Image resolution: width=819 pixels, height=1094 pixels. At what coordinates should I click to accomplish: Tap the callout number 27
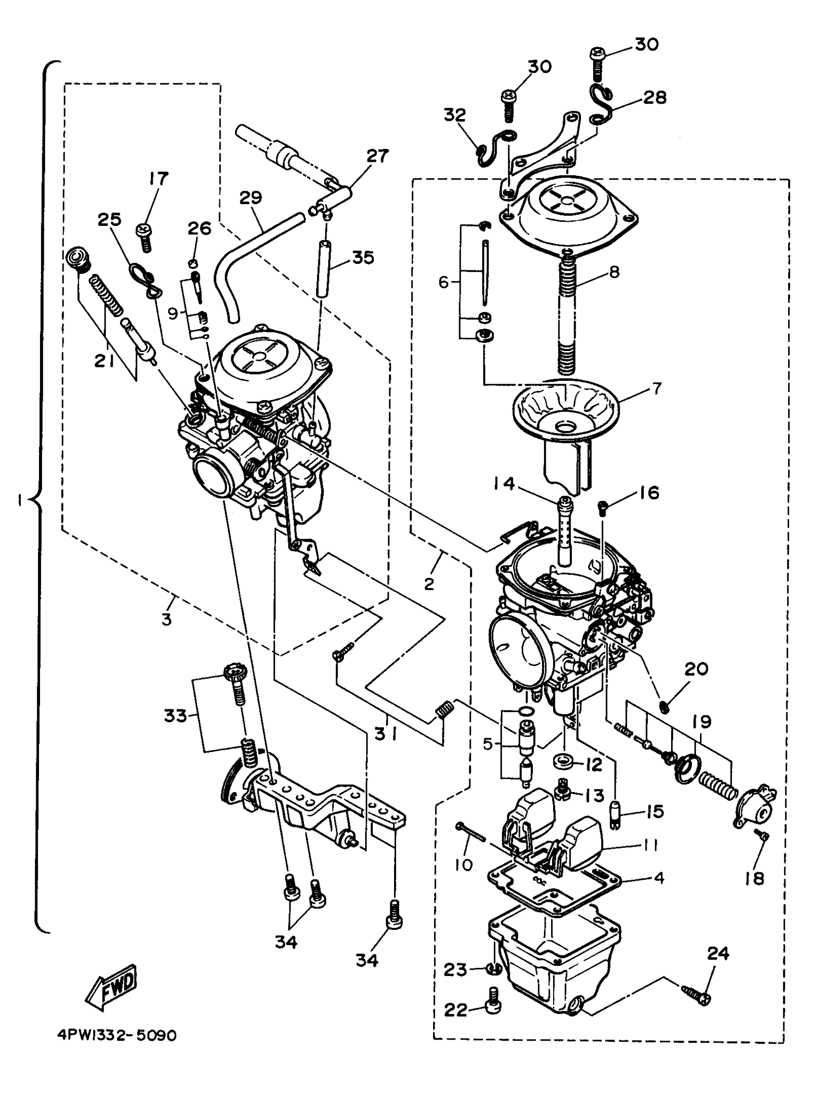[377, 156]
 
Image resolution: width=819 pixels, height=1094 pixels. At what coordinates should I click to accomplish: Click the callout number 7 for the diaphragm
[656, 388]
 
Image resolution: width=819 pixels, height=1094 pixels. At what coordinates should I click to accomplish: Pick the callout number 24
[717, 953]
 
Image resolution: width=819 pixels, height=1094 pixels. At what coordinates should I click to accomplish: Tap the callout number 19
[701, 722]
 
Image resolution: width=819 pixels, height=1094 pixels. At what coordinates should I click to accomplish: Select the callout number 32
[454, 115]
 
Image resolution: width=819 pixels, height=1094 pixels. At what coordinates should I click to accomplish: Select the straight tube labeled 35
[323, 268]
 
